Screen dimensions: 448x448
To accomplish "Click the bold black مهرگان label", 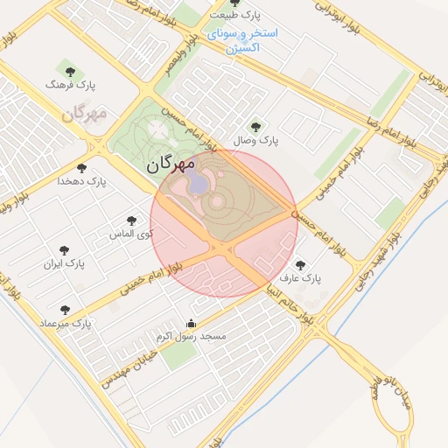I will tap(170, 164).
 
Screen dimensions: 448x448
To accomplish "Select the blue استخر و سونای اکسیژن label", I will tap(243, 40).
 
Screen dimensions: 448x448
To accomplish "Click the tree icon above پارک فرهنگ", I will tap(71, 72).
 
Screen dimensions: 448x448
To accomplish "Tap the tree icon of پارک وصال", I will tap(255, 127).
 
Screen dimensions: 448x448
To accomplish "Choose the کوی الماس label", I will tap(130, 234).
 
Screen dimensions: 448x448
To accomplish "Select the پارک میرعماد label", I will tap(64, 324).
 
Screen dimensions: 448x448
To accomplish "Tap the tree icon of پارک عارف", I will tap(301, 265).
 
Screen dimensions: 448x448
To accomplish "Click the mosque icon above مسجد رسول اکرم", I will tap(192, 324).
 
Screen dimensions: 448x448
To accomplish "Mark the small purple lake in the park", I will tap(196, 183).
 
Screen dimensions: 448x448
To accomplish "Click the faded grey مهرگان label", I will tap(84, 114).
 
